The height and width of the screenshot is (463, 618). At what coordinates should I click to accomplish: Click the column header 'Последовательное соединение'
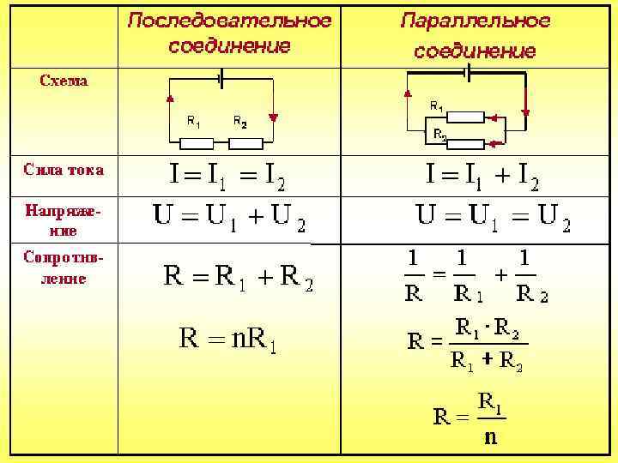(229, 33)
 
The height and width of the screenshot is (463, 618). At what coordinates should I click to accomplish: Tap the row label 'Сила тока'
(64, 170)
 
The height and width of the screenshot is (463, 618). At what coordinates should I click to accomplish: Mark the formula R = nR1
(232, 339)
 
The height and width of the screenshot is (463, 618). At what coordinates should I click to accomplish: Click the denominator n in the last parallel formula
(490, 437)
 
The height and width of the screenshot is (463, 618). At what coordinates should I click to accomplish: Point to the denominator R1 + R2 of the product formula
(487, 361)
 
